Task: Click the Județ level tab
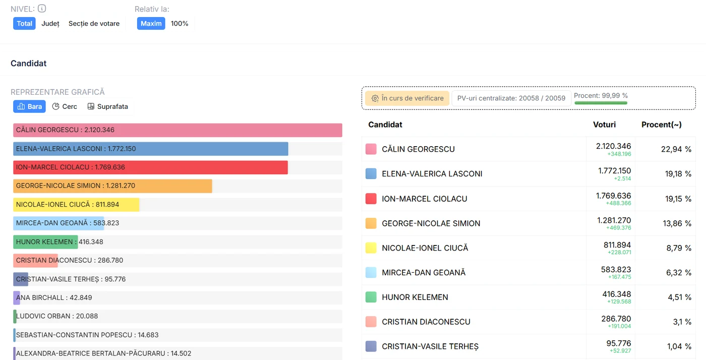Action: pyautogui.click(x=50, y=24)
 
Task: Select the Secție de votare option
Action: pyautogui.click(x=94, y=24)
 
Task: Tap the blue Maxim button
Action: pyautogui.click(x=151, y=24)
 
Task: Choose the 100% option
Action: pyautogui.click(x=180, y=24)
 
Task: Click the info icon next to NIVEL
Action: pyautogui.click(x=42, y=9)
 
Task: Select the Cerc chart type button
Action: pyautogui.click(x=65, y=106)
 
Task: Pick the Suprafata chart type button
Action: pyautogui.click(x=108, y=106)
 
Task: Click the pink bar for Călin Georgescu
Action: pyautogui.click(x=178, y=130)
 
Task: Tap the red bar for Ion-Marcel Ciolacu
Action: pyautogui.click(x=150, y=167)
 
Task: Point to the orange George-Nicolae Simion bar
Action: pyautogui.click(x=112, y=186)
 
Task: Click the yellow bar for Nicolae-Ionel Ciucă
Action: pyautogui.click(x=76, y=205)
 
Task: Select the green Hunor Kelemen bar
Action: pyautogui.click(x=45, y=242)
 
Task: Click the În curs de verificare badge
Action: pyautogui.click(x=407, y=98)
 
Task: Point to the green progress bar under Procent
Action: pyautogui.click(x=601, y=103)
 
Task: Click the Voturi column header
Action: pyautogui.click(x=604, y=125)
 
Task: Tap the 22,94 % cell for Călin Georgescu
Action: pyautogui.click(x=676, y=149)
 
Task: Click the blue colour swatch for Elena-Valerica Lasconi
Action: pyautogui.click(x=371, y=173)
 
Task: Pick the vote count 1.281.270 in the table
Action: pyautogui.click(x=614, y=220)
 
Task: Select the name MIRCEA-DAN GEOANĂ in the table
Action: pyautogui.click(x=424, y=272)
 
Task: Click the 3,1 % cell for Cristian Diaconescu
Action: pyautogui.click(x=682, y=322)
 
